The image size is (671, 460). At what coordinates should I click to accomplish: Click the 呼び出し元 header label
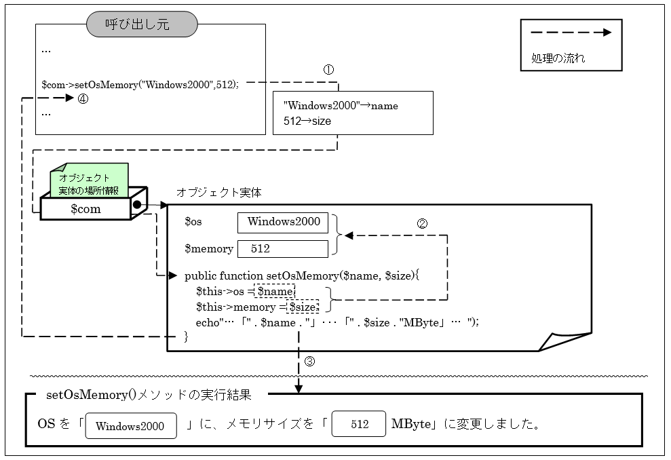(x=142, y=25)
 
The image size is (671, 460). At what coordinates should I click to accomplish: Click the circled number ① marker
(x=328, y=70)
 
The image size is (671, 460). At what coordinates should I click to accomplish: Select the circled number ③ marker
(x=309, y=361)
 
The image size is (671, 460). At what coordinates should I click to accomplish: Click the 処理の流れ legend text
(x=558, y=58)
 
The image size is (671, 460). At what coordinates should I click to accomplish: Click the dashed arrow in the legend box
(x=571, y=32)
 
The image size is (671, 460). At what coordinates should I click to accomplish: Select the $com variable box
(x=85, y=209)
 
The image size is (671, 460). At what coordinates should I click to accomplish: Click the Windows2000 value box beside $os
(x=283, y=221)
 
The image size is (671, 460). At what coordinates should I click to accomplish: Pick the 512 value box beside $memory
(x=283, y=248)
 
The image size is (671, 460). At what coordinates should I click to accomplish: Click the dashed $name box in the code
(x=275, y=291)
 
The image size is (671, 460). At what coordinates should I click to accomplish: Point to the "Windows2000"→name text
(x=341, y=106)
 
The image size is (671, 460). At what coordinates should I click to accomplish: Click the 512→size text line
(x=307, y=121)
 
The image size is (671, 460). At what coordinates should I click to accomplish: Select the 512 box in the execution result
(x=360, y=425)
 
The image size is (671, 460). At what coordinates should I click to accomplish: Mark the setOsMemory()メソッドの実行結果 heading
(x=148, y=394)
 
